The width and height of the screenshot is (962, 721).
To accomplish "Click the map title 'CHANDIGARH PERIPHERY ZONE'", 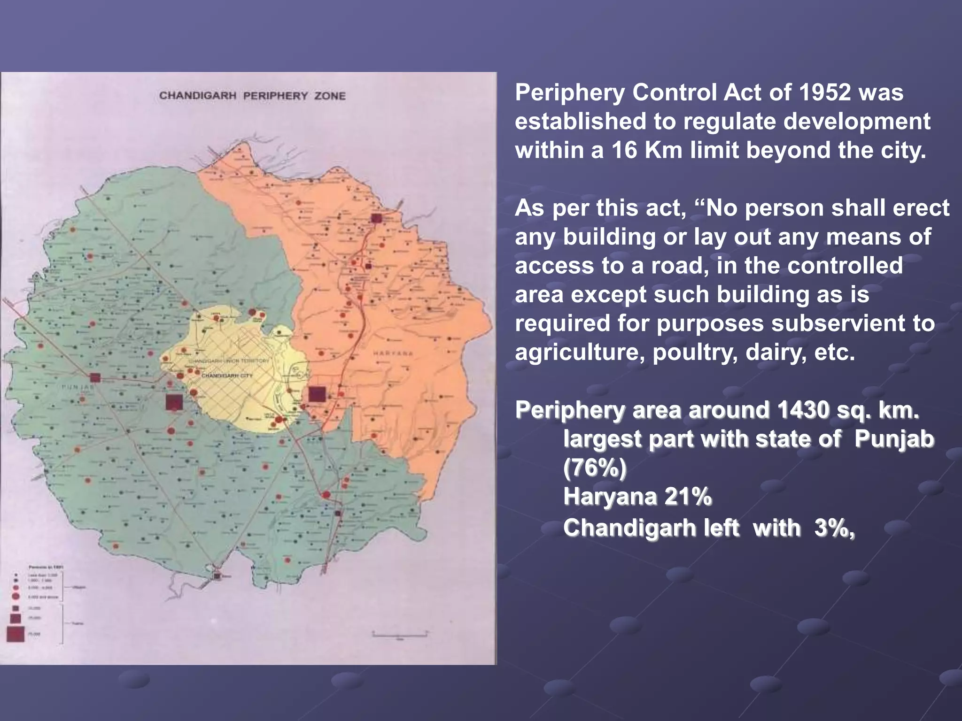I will pyautogui.click(x=252, y=96).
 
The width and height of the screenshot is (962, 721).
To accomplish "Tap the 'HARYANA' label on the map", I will pyautogui.click(x=394, y=353).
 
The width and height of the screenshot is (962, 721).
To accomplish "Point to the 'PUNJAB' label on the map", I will pyautogui.click(x=78, y=387).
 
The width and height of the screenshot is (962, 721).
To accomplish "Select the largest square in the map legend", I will pyautogui.click(x=16, y=634).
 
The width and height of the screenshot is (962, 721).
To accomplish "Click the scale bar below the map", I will pyautogui.click(x=400, y=635).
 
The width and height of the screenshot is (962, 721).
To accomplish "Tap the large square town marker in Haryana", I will pyautogui.click(x=317, y=394).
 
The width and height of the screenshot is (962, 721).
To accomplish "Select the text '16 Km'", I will pyautogui.click(x=651, y=150).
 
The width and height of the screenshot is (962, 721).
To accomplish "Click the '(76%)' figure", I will pyautogui.click(x=595, y=468).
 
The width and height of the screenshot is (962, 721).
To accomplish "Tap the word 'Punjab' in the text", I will pyautogui.click(x=894, y=439).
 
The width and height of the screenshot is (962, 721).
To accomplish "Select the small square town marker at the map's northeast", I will pyautogui.click(x=376, y=218).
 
